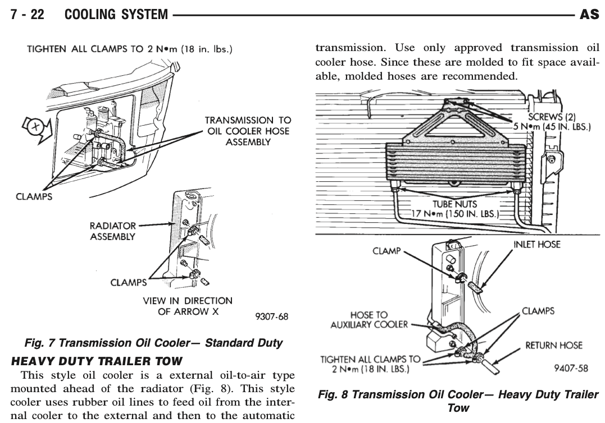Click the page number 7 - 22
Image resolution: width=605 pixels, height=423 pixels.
click(28, 15)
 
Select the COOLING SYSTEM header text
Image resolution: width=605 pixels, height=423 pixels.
click(116, 15)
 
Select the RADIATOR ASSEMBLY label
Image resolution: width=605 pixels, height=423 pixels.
click(113, 231)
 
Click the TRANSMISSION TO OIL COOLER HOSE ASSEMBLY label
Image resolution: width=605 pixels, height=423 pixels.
click(240, 131)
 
